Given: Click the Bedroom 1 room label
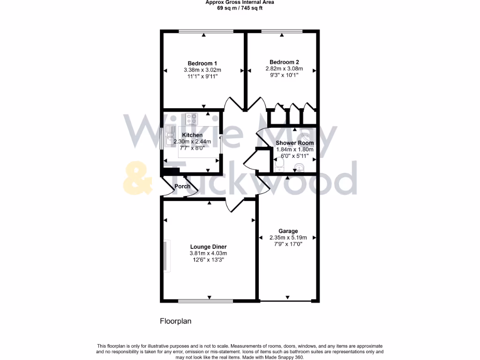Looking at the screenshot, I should point(202,63).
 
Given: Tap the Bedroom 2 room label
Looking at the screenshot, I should point(284,62).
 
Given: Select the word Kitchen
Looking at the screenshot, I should point(192,135).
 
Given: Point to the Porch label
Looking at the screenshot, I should point(182,186).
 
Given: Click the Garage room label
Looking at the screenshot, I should point(288,231).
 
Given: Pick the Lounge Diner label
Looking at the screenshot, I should point(208,247).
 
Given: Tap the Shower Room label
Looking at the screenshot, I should point(294,143).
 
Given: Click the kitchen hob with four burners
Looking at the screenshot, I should point(192,119).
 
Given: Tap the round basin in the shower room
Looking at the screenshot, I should point(299,166).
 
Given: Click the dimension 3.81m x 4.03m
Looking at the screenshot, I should point(208,253).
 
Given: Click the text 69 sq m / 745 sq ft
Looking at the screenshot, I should point(240,8).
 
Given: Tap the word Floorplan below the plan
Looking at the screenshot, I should point(176,322).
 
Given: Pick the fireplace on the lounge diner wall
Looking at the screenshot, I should point(167,255).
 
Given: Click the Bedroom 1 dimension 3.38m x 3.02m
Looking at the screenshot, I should point(202,70).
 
